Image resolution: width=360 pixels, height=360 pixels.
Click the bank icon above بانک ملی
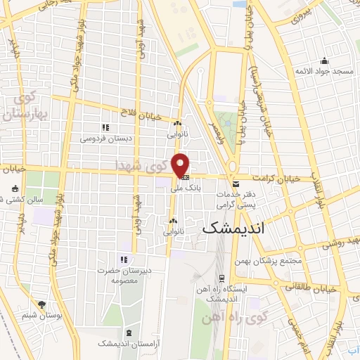point(185,176)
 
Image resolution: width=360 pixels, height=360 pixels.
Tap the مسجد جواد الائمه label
point(323,72)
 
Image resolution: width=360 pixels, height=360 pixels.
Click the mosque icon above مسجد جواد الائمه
point(323,60)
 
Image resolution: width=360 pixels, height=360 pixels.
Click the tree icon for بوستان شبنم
point(41,304)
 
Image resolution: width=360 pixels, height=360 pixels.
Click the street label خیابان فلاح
point(140,117)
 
